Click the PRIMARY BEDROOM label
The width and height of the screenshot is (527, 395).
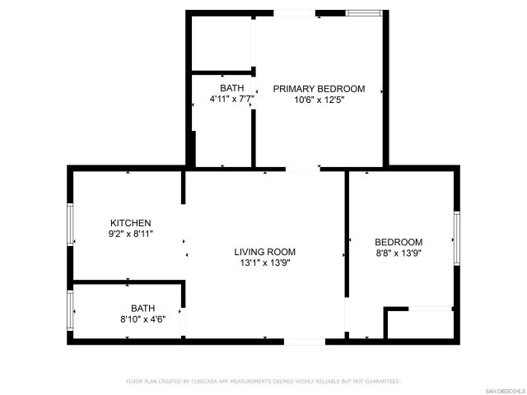tap(319, 89)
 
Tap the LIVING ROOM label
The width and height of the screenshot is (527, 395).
tap(264, 252)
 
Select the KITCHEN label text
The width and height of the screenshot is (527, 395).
tap(131, 223)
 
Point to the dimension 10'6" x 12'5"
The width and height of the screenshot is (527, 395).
tap(319, 100)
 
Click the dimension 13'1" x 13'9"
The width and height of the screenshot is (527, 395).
tap(264, 263)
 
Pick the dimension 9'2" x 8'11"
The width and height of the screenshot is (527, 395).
tap(131, 234)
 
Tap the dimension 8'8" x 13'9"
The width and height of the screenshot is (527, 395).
tap(399, 253)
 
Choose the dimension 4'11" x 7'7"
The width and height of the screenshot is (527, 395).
tap(231, 99)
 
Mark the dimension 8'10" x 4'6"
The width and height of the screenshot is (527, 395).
tap(143, 319)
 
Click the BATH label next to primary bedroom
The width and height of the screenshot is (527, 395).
tap(231, 88)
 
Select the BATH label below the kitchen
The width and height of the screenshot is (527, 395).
tap(142, 309)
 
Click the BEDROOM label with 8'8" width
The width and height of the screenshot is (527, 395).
tap(399, 242)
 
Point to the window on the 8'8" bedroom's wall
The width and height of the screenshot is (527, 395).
tap(455, 237)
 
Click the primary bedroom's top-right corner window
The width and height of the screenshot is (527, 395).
tap(363, 12)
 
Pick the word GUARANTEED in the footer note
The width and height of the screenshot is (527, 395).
tap(384, 382)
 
